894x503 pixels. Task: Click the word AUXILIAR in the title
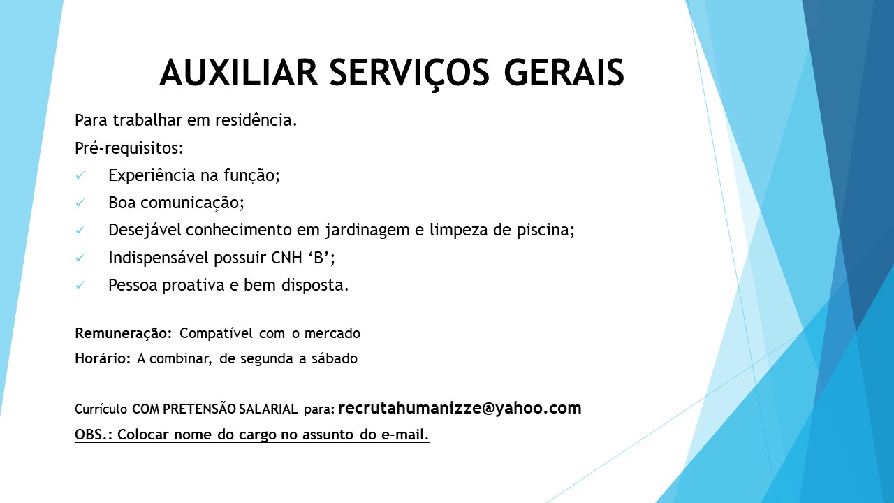tap(239, 72)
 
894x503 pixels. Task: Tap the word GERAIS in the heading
tap(564, 72)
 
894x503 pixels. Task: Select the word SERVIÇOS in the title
tap(409, 75)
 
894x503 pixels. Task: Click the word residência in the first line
tap(256, 119)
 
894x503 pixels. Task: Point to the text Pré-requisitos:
tap(129, 148)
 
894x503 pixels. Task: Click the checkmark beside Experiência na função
tap(80, 175)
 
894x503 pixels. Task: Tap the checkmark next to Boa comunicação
tap(80, 203)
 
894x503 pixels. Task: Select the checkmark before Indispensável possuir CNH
tap(80, 258)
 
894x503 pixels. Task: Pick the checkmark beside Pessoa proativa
tap(80, 285)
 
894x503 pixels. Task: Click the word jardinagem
tap(367, 231)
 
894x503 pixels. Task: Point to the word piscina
tap(545, 231)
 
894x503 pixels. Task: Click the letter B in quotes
tap(318, 258)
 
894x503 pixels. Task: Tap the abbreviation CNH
tap(286, 258)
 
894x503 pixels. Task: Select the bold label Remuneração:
tap(124, 333)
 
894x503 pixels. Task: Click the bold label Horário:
tap(103, 358)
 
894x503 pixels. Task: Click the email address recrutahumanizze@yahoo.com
tap(460, 409)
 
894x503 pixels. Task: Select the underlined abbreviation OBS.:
tap(94, 435)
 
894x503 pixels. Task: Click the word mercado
tap(332, 333)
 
